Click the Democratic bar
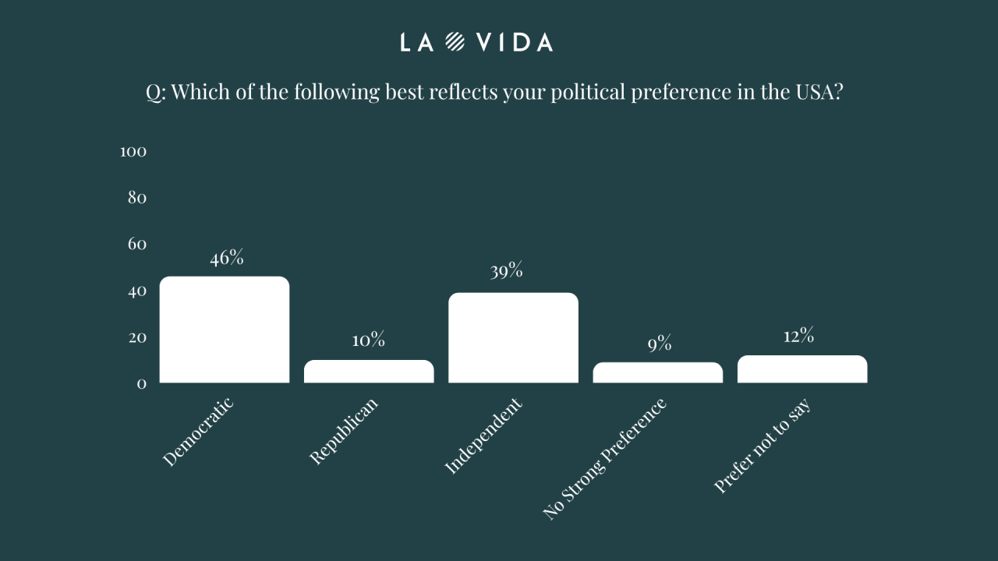point(225,330)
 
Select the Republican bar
point(369,371)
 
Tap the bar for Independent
point(513,337)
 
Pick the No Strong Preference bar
point(658,372)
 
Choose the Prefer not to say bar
point(802,369)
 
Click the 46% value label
point(227,259)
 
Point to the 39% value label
point(506,272)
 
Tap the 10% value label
point(368,340)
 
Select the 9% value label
point(659,343)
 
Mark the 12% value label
point(798,336)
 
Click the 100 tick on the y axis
point(133,151)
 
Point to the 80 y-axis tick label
point(137,198)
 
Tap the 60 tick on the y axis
point(137,245)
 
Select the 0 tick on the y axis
point(142,384)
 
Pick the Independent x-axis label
point(483,436)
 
